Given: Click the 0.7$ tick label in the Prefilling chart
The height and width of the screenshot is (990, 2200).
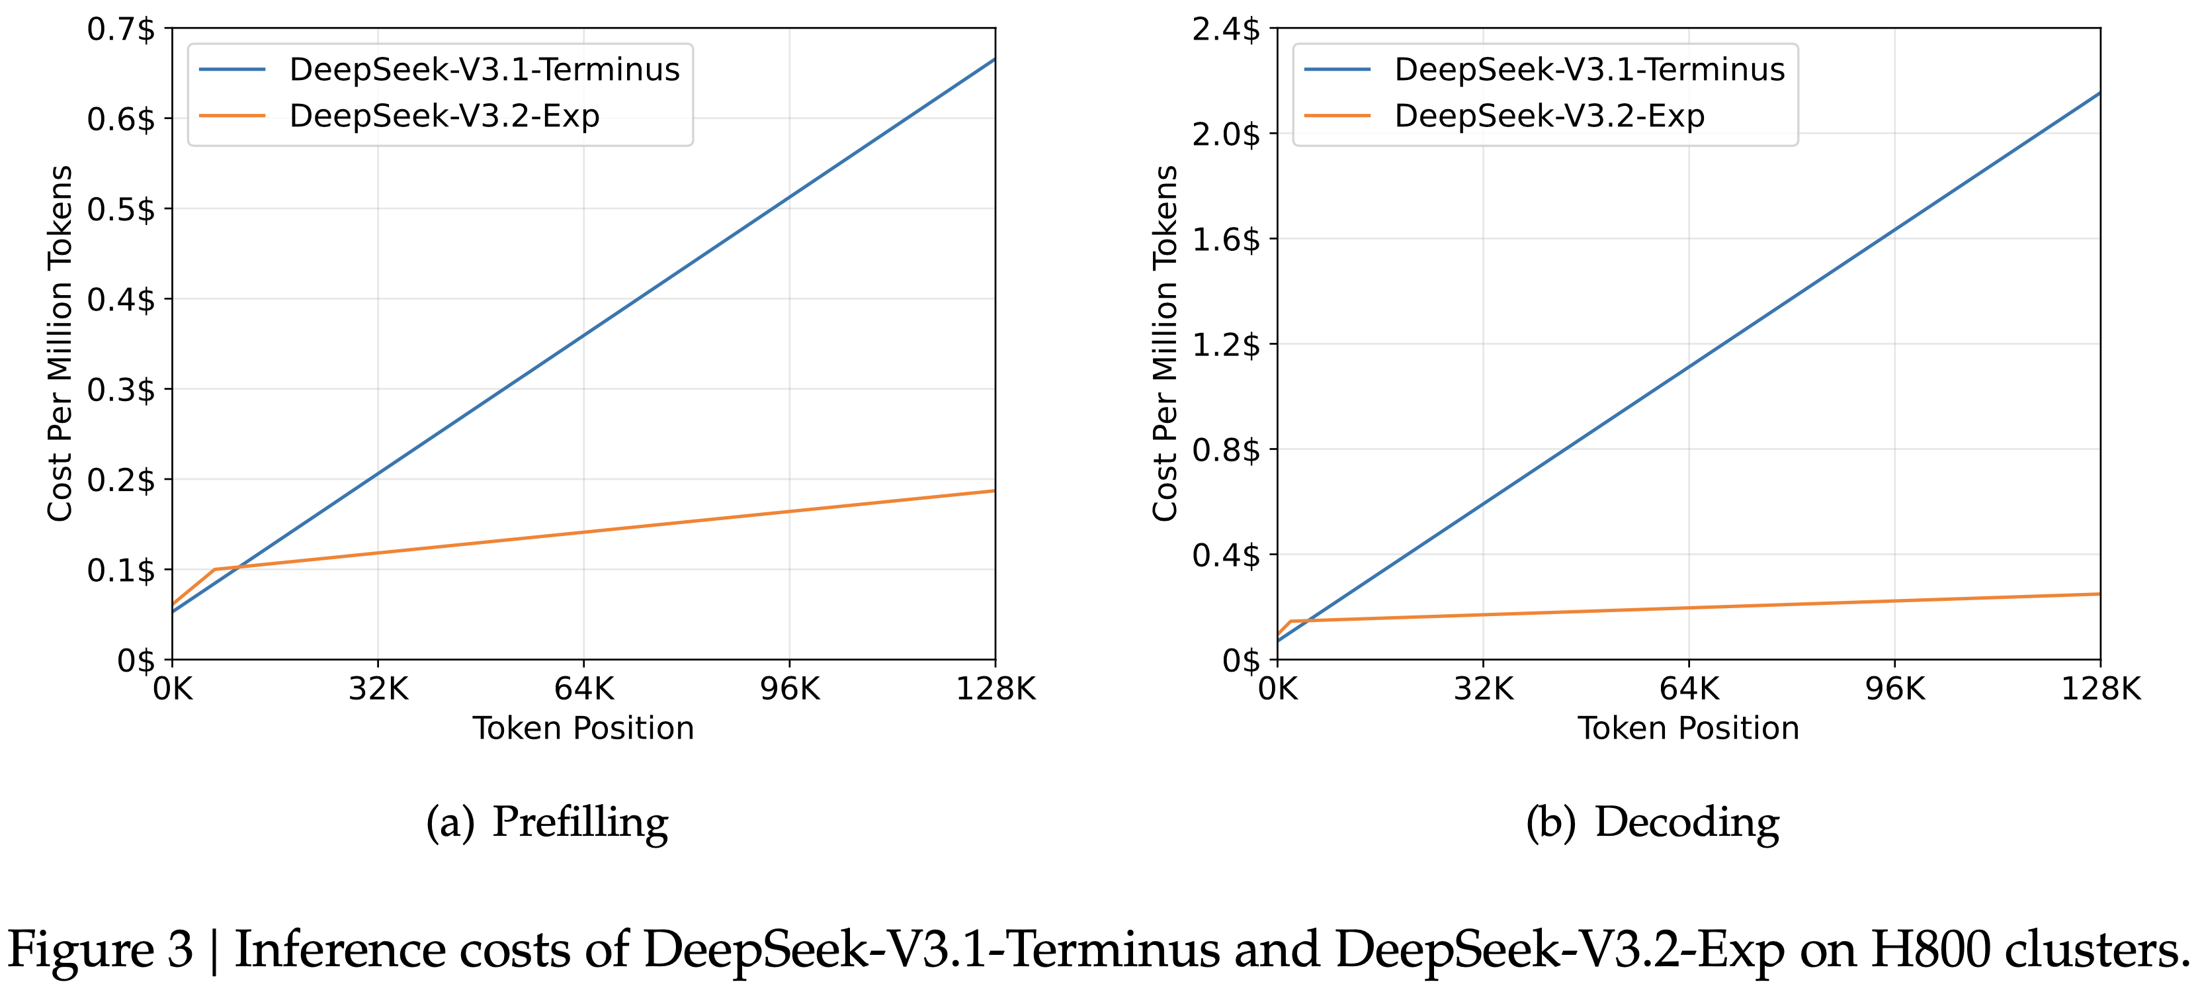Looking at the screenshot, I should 121,30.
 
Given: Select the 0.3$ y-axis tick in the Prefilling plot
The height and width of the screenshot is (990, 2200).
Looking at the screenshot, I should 121,390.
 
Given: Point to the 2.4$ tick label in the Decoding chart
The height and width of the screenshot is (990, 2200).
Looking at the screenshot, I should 1226,30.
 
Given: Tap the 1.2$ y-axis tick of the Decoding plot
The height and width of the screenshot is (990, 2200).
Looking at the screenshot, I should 1226,345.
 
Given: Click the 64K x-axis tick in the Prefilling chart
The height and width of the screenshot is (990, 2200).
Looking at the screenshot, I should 584,688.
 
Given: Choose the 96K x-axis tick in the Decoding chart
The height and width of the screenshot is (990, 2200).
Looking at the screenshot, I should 1895,688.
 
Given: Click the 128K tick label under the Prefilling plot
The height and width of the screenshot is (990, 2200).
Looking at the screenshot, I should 995,688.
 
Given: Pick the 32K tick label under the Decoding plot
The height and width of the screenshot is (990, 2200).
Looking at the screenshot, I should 1484,688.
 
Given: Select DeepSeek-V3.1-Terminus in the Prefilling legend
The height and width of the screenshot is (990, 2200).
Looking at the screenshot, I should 484,69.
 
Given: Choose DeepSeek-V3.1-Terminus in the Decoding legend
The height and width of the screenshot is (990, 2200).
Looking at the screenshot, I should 1589,69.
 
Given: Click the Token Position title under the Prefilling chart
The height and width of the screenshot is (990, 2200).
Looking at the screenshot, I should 583,729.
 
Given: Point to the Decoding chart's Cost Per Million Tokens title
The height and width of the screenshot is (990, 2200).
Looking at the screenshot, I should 1165,343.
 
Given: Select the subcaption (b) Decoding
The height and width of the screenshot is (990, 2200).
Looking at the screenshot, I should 1652,822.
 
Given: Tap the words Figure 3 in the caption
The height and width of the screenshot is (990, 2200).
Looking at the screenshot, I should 101,950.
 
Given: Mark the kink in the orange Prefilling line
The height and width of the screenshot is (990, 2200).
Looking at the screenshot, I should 214,569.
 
